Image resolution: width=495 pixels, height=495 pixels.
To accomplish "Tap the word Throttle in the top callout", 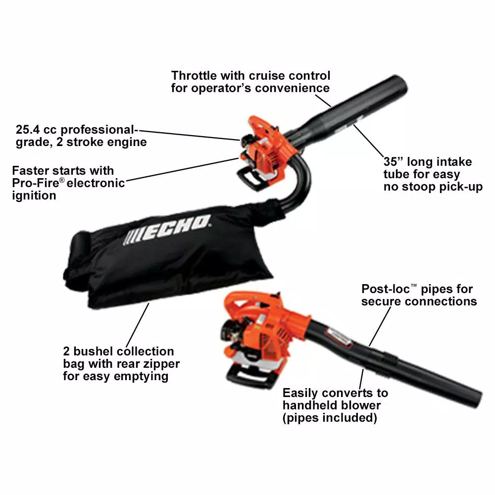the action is pos(194,76).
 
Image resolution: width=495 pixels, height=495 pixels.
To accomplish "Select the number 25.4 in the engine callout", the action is pos(28,129).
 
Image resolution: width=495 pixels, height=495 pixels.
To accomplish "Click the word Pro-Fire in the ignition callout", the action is pos(35,183).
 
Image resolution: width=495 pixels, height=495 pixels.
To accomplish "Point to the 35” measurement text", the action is pos(394,162).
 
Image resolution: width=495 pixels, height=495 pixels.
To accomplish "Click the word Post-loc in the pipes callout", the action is pos(386,289).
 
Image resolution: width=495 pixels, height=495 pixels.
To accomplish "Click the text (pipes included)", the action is pos(330,418).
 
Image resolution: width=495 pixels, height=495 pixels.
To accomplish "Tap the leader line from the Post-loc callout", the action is pos(380,326).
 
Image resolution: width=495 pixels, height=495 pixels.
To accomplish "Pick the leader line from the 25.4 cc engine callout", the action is pos(190,135).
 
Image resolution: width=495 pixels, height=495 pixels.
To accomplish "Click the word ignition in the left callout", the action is pos(34,196).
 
